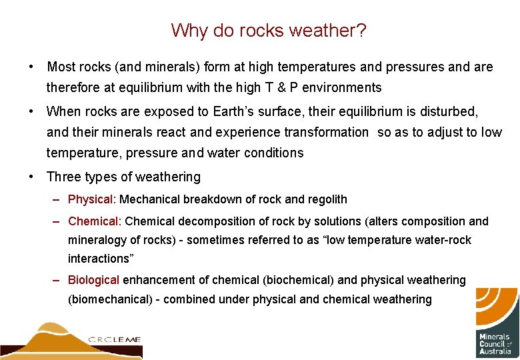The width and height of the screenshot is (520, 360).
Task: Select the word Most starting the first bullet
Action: click(62, 67)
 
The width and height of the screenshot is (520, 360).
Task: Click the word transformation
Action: click(317, 132)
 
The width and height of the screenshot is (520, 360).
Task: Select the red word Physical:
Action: click(92, 199)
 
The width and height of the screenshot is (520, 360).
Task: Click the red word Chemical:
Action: click(95, 221)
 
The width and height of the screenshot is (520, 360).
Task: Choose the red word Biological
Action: click(93, 280)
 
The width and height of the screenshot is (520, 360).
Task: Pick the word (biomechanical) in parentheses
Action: click(110, 299)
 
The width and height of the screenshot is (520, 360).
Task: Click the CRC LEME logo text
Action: click(114, 339)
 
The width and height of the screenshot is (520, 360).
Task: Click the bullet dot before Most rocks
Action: click(31, 67)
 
